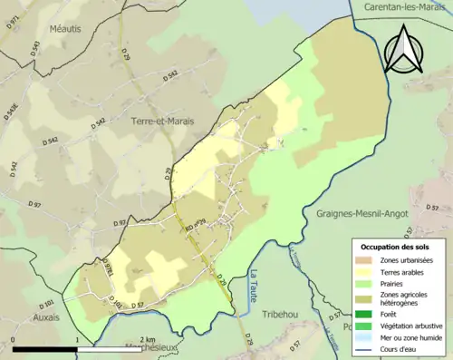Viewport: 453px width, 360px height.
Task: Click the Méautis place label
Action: (66, 28)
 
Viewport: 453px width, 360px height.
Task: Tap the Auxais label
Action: (43, 317)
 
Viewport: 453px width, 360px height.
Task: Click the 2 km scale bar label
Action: (137, 339)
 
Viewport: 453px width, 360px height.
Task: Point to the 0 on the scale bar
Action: (14, 339)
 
